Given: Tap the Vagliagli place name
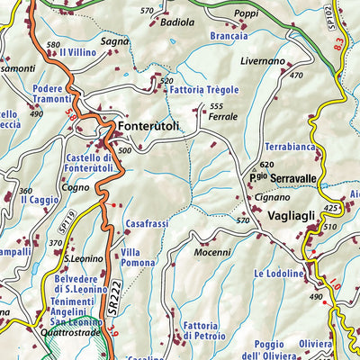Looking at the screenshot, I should (291, 217).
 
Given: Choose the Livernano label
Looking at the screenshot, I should (263, 61).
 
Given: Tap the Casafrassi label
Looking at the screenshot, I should (147, 224).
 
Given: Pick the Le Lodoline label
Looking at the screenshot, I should (278, 273).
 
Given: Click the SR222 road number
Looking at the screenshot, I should (115, 300).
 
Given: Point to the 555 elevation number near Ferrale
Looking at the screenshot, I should (216, 106).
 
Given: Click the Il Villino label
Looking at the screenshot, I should (78, 52).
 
